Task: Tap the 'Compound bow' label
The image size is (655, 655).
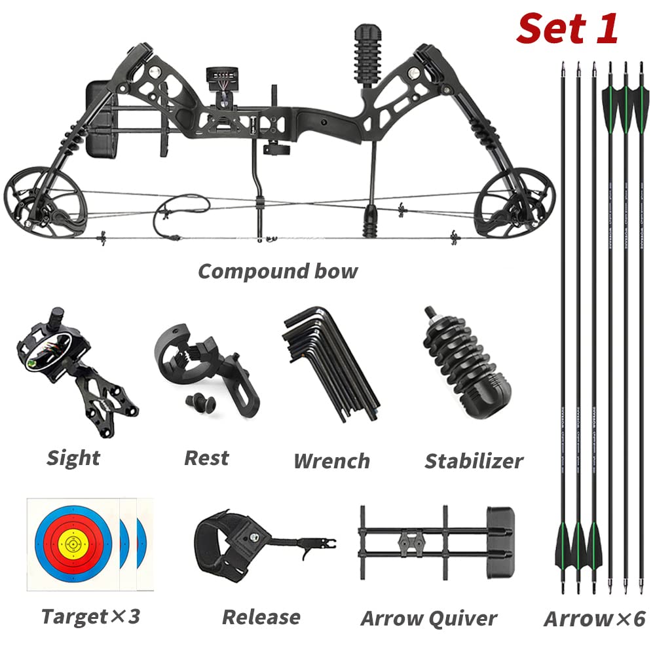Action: coord(278,271)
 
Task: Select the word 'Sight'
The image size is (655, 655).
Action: coord(73,458)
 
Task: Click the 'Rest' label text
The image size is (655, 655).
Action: coord(206,458)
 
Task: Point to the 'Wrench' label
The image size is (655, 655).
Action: coord(331,461)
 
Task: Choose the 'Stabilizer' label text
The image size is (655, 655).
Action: coord(474,461)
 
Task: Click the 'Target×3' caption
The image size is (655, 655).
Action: coord(90,616)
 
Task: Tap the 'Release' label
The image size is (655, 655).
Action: coord(261,617)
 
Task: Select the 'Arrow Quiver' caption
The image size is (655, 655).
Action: coord(428,618)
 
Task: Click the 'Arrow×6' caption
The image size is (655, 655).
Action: coord(594,618)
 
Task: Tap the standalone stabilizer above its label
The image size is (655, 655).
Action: coord(466,367)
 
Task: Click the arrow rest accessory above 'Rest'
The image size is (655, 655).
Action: coord(203,370)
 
